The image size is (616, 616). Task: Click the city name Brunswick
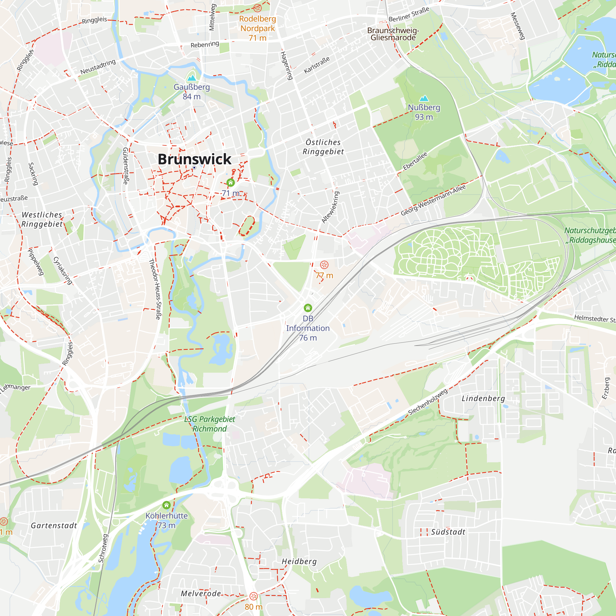coord(194,159)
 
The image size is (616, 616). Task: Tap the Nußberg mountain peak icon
coord(424,99)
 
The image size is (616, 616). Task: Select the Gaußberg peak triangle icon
coord(192,78)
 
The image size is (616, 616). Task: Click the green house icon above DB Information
coord(308,308)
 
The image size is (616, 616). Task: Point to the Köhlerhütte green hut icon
coord(166,505)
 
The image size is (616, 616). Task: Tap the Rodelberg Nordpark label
coord(257,24)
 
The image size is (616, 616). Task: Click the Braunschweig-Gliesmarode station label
coord(393,34)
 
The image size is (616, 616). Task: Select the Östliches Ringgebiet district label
coord(323,147)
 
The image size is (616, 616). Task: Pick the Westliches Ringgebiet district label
coord(42,219)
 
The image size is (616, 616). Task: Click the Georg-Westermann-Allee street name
coord(433,200)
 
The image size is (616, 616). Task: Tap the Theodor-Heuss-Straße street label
coord(155,289)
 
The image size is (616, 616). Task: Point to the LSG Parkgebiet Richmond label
coord(209,424)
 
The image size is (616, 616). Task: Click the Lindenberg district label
coord(483,399)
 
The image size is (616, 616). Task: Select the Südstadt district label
coord(448,532)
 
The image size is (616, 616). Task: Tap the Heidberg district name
coord(299,561)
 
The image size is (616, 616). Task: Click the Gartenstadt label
coord(54,526)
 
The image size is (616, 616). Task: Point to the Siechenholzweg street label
coord(428,402)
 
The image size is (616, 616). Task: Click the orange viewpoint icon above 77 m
coord(324,265)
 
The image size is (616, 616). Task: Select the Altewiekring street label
coord(330,207)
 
